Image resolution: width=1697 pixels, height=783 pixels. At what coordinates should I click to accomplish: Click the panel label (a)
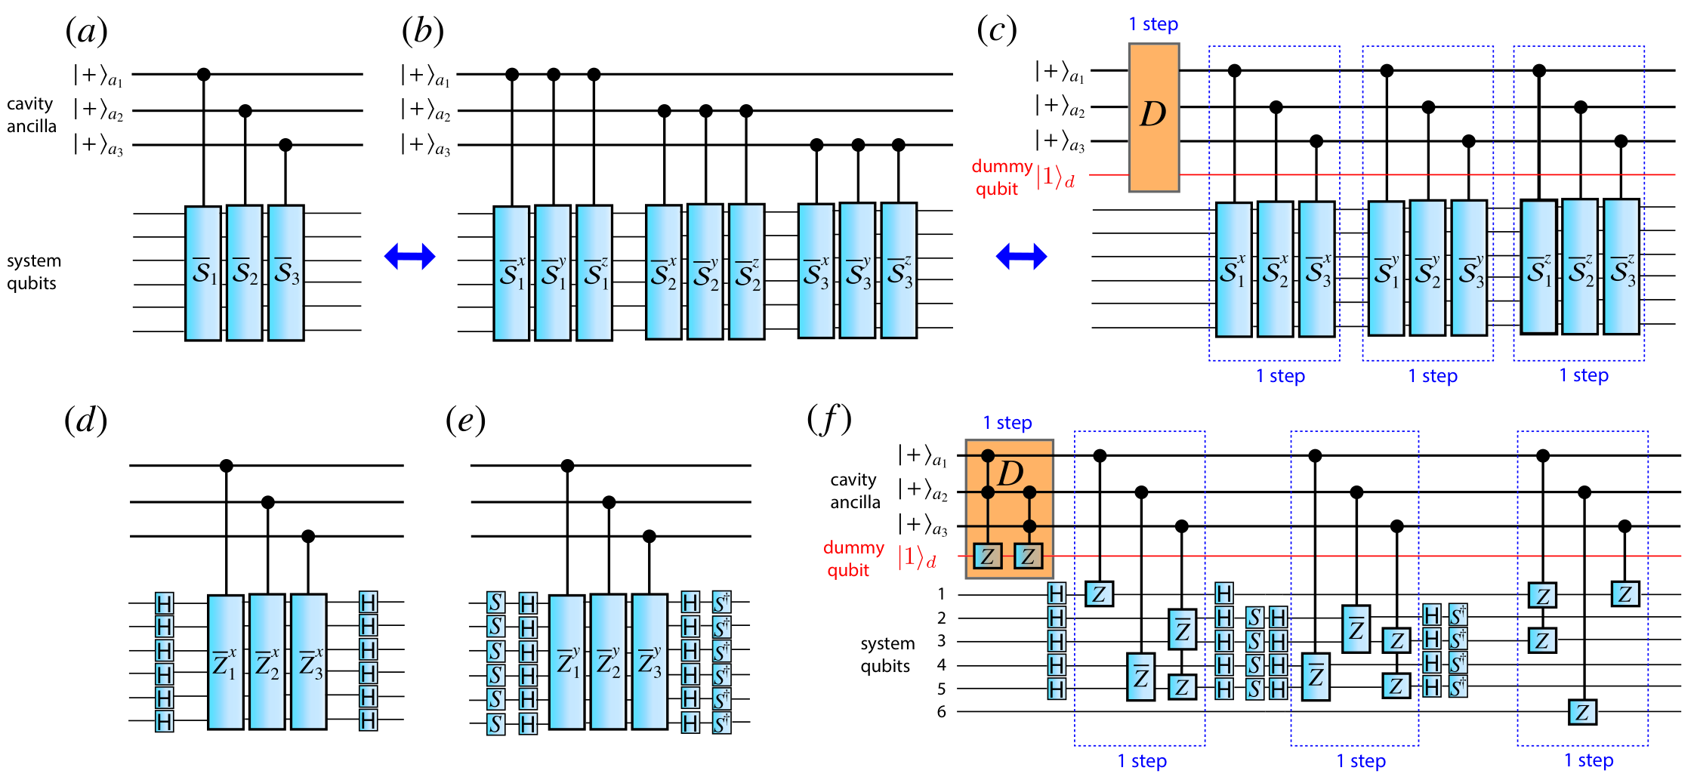[87, 32]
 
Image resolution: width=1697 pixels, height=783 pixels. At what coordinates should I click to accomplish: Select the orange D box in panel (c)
[1154, 117]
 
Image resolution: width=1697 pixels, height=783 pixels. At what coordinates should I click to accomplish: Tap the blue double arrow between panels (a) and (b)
[410, 257]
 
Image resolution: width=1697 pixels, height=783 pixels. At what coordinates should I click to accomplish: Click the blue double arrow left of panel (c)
[1022, 257]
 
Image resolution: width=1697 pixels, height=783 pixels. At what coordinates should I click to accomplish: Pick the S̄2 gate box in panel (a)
[245, 273]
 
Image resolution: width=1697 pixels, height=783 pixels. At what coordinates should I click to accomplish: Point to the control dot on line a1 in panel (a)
[203, 75]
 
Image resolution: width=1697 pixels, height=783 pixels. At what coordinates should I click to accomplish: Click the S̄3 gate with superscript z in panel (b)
[899, 270]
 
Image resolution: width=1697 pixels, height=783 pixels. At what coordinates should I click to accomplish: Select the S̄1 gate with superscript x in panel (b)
[511, 273]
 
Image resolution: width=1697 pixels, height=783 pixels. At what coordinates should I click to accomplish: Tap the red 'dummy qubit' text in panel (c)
[1001, 177]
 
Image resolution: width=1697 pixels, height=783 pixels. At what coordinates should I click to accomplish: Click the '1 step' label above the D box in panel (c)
[1153, 24]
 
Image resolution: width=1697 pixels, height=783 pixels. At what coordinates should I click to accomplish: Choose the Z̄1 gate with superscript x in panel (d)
[226, 662]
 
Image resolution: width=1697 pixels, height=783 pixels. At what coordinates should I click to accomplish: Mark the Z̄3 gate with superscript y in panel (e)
[649, 661]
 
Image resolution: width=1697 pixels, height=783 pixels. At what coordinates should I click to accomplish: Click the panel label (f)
[829, 420]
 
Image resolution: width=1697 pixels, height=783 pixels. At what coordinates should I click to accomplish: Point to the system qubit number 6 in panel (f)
[942, 711]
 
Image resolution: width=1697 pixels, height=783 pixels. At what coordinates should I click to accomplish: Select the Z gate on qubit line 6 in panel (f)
[1583, 712]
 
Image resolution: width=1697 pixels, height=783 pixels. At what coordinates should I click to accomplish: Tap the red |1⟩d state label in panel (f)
[917, 558]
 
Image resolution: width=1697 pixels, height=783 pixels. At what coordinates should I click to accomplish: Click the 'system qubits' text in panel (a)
[34, 272]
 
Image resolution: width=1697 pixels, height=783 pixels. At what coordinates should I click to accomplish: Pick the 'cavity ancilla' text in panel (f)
[855, 491]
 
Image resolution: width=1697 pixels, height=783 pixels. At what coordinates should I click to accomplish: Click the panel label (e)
[466, 421]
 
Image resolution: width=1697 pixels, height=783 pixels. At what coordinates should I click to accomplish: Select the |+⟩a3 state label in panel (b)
[425, 144]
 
